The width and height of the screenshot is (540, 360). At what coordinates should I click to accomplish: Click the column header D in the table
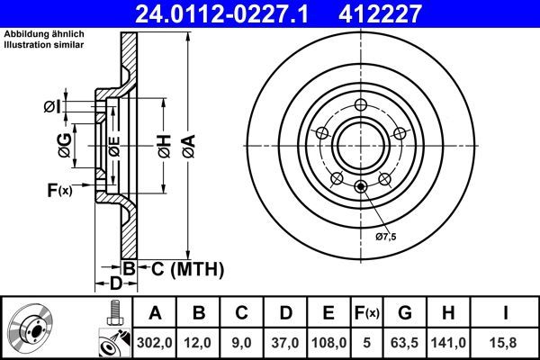click(286, 313)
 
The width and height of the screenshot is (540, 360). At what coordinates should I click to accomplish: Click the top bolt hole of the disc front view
click(359, 102)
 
